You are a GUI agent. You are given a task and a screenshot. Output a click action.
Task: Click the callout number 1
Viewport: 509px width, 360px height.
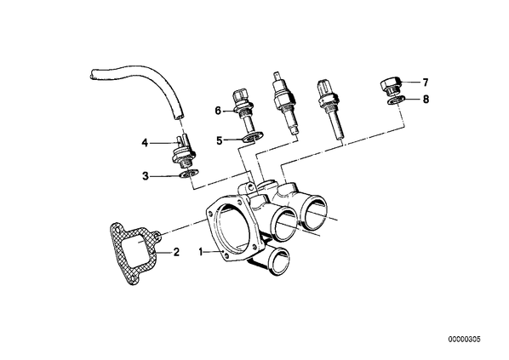coord(201,252)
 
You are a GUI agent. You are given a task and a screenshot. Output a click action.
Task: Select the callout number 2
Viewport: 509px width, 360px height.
coord(176,252)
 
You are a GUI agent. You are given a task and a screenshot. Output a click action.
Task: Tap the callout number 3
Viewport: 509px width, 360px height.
coord(146,176)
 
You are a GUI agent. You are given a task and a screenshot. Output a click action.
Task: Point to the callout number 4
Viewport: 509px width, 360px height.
coord(145,142)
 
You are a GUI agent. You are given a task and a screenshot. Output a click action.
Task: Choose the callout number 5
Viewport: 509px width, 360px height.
coord(220,140)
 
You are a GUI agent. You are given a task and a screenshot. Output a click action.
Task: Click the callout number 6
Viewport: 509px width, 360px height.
coord(218,111)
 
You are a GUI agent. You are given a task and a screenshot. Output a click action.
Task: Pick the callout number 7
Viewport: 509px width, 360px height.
coord(426,83)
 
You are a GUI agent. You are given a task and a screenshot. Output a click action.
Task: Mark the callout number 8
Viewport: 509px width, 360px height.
coord(426,99)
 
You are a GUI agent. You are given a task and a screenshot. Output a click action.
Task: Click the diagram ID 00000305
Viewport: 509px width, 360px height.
coord(464,340)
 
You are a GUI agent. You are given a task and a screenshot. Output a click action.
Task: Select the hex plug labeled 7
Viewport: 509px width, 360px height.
coord(391,85)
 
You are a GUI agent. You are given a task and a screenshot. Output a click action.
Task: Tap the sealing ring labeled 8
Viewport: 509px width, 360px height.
coord(396,100)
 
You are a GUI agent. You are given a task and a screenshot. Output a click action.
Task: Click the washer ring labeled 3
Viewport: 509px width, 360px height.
coord(189,174)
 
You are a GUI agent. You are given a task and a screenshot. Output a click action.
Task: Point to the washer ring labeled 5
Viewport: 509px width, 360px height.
coord(253,138)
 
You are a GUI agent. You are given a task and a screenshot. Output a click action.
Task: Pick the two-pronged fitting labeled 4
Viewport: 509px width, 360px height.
coord(184,152)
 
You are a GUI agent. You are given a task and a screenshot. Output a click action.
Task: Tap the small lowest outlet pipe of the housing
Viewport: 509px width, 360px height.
coord(277,260)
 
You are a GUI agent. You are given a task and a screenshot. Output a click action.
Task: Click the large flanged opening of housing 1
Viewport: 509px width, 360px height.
coord(232,231)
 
